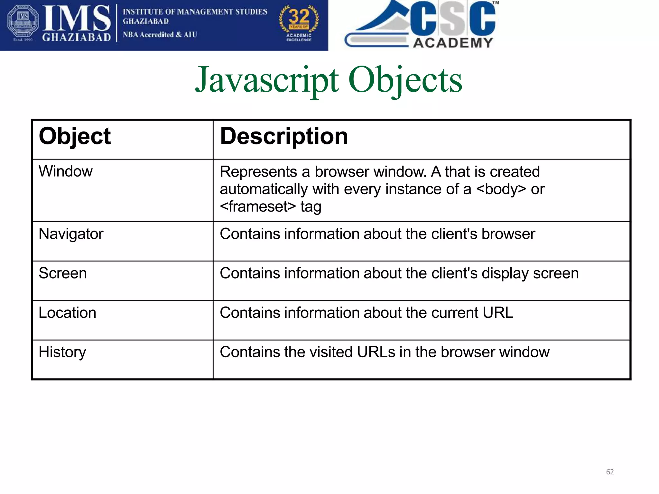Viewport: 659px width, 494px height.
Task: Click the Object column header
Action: click(75, 136)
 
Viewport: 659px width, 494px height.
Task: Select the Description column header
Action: click(284, 136)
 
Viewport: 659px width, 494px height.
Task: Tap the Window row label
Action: click(66, 171)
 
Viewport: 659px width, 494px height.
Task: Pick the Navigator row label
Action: click(71, 234)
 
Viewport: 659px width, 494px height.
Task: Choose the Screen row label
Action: click(63, 273)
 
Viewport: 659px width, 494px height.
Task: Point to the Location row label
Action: click(67, 313)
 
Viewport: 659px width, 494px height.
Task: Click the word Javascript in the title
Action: click(267, 80)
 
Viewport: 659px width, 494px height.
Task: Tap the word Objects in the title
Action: click(405, 80)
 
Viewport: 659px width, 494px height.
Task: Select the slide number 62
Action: click(610, 472)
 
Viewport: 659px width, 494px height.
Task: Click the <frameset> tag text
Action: click(258, 207)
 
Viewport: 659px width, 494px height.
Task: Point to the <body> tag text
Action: click(501, 189)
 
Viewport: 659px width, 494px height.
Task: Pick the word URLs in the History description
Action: click(376, 352)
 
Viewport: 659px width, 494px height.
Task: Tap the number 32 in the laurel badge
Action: click(299, 16)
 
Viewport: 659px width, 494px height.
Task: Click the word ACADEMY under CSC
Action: click(453, 43)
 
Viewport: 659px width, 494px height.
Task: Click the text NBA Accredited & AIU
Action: click(160, 35)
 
